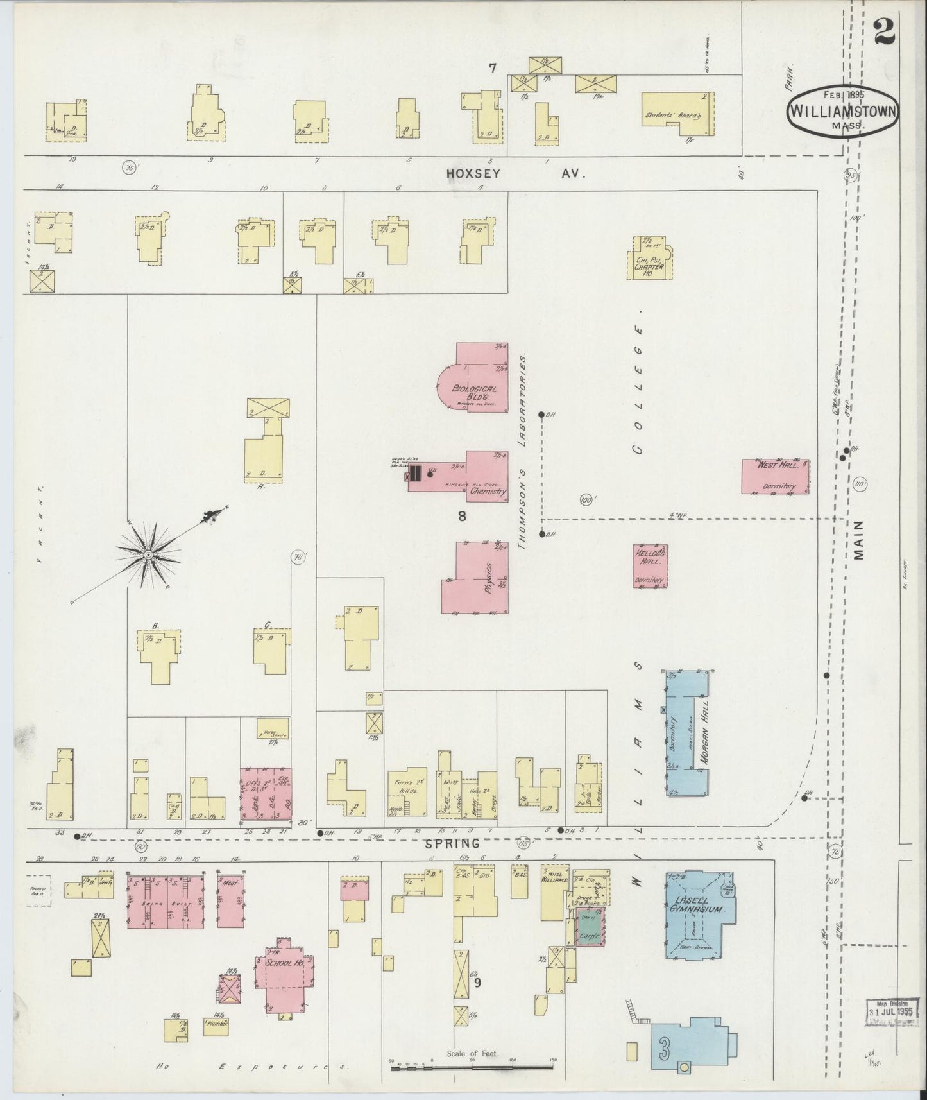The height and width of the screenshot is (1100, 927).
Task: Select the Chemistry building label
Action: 488,491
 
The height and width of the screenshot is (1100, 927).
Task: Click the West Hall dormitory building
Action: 775,476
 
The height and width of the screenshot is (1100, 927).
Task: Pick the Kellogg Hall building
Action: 650,565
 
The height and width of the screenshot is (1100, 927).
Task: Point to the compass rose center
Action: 148,554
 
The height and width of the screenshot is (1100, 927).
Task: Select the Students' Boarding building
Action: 677,114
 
